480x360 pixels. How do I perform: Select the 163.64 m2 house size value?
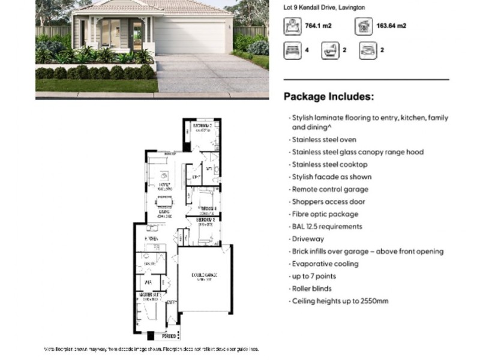pos(392,26)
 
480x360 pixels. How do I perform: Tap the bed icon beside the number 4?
pos(292,50)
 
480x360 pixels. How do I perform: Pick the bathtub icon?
pos(329,50)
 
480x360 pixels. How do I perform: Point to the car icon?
pos(367,50)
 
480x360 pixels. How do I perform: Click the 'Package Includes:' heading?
pos(329,96)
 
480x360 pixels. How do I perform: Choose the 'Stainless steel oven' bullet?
pos(324,139)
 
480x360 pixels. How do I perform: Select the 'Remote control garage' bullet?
pos(329,189)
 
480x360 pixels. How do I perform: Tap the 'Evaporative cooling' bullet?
pos(325,263)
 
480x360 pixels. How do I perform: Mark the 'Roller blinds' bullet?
pos(315,289)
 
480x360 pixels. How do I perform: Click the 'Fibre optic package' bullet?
pos(325,214)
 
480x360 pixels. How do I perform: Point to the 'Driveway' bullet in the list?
pos(308,239)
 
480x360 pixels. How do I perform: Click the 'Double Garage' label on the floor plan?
pos(205,275)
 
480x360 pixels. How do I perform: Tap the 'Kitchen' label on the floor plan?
pos(151,239)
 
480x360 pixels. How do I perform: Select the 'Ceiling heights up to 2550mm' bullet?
pos(340,301)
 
